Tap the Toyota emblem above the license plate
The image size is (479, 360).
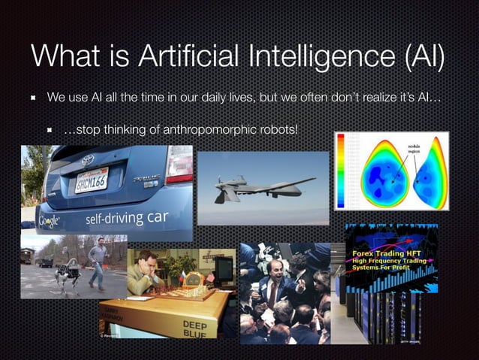click(x=88, y=159)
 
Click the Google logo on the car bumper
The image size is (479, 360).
click(x=49, y=221)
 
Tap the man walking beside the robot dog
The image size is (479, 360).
click(x=97, y=263)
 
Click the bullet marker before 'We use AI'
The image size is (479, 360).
click(x=34, y=98)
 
